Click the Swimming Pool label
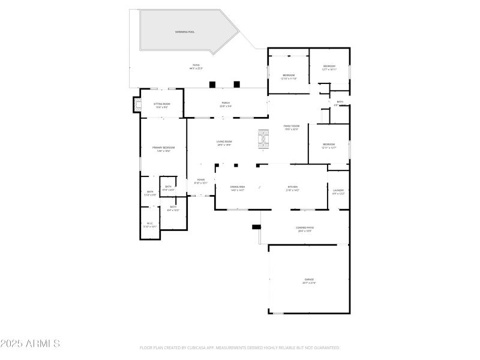click(185, 32)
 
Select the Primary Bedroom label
click(163, 148)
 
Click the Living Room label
click(224, 143)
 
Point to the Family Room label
click(292, 127)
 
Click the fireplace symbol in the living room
click(263, 139)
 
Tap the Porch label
click(226, 104)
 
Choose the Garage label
click(308, 280)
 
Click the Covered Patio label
click(305, 229)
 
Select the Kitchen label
click(293, 188)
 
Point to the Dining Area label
click(238, 188)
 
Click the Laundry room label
click(338, 191)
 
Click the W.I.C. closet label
click(150, 224)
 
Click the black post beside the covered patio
click(257, 227)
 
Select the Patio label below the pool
click(196, 66)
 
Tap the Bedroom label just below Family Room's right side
click(329, 145)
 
